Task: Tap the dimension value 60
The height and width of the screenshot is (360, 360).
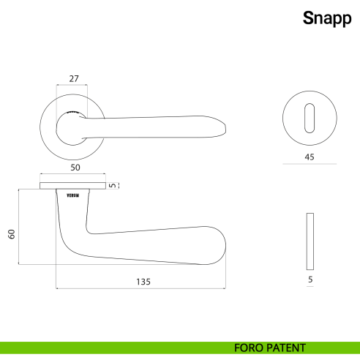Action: [11, 233]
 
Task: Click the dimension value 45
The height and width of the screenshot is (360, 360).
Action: [310, 156]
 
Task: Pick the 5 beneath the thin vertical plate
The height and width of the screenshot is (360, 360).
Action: [310, 280]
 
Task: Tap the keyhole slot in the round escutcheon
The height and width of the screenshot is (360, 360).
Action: [310, 118]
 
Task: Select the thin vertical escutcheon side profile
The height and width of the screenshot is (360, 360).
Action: [310, 241]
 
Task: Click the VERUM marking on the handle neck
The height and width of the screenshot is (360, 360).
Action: [72, 195]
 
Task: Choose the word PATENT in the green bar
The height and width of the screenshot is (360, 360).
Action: [287, 348]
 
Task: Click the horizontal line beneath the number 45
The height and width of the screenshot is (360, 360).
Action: [310, 165]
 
